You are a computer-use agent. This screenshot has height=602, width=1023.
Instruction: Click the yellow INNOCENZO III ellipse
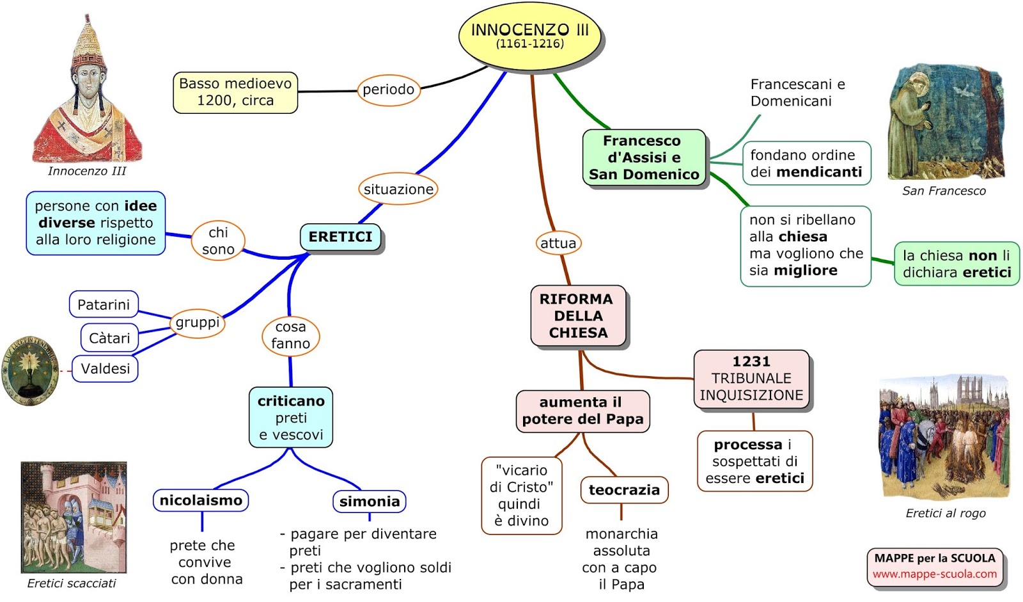[530, 36]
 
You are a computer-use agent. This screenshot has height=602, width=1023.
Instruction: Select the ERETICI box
[340, 237]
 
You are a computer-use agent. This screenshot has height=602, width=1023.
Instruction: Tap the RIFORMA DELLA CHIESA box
[577, 315]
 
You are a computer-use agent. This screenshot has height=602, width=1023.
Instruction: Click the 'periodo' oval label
[388, 90]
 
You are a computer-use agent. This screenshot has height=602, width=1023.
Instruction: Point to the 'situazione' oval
[398, 189]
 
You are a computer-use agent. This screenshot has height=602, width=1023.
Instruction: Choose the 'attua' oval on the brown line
[558, 243]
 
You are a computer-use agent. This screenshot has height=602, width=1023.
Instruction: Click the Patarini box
[104, 305]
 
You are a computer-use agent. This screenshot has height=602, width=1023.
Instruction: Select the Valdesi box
[105, 368]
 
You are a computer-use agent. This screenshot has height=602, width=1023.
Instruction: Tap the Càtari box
[109, 338]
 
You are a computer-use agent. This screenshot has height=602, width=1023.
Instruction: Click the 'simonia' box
[370, 501]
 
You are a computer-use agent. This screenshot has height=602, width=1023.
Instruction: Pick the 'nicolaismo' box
[201, 500]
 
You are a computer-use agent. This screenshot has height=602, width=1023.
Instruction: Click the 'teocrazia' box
[624, 490]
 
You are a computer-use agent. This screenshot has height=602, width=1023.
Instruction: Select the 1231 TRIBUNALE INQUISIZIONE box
[751, 378]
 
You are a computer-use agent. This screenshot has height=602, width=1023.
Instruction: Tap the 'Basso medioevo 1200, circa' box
[235, 92]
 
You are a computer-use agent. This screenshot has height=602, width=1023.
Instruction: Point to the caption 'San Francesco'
[944, 191]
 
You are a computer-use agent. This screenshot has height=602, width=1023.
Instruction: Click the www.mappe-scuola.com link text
[934, 574]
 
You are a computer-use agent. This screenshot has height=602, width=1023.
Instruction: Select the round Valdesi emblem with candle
[29, 370]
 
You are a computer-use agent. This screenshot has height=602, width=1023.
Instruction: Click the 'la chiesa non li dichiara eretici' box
[957, 264]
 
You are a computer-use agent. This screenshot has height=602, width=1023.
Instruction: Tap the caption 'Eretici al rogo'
[946, 513]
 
